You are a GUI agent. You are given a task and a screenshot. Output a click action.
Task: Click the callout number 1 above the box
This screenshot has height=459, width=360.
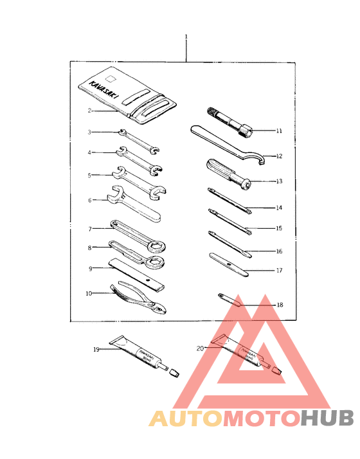[x=186, y=37]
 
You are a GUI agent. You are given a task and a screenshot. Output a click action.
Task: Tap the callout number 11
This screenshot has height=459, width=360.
[x=280, y=131]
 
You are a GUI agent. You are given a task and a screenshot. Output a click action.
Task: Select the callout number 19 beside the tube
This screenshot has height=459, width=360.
[x=96, y=350]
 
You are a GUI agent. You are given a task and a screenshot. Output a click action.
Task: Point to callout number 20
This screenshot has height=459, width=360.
[x=200, y=348]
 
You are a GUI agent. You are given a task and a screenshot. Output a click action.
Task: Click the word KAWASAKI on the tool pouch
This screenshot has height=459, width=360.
[x=98, y=85]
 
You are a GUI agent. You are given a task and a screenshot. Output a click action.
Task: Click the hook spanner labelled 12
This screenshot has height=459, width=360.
[x=225, y=143]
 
